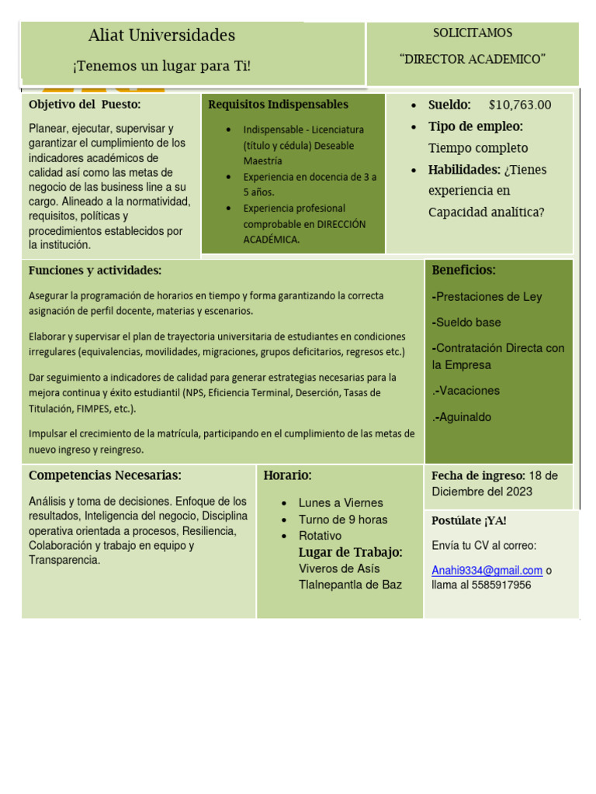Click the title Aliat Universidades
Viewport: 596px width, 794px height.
(161, 36)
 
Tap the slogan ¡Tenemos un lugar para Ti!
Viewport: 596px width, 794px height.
(161, 66)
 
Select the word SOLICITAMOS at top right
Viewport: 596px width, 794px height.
(473, 33)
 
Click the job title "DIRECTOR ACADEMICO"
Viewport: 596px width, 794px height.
(473, 59)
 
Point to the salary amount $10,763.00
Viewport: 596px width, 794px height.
(520, 105)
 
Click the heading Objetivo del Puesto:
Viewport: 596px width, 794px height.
(85, 105)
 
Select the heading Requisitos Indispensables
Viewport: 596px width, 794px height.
(279, 105)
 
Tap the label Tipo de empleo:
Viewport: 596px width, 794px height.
(476, 126)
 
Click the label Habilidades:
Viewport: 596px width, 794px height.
(464, 170)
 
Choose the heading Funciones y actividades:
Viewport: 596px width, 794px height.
(95, 271)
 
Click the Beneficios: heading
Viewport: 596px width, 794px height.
(463, 271)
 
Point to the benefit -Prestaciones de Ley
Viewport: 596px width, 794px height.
(487, 297)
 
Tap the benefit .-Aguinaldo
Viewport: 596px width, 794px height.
(462, 417)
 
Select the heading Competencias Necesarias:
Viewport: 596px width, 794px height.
(105, 475)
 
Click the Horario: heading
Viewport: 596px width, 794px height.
(287, 475)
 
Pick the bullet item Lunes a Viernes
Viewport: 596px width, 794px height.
(341, 502)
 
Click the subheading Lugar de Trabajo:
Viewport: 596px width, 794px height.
(350, 552)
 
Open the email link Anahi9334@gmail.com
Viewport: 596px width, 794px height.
(487, 571)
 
